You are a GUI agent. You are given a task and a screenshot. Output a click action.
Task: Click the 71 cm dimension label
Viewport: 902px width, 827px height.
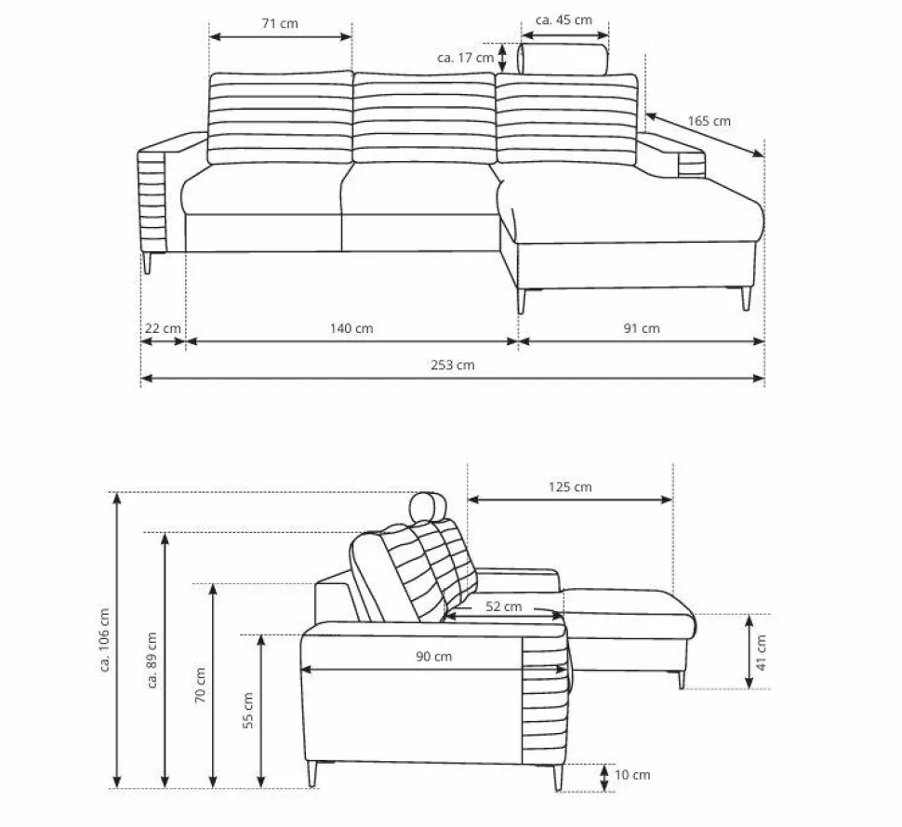pyautogui.click(x=280, y=23)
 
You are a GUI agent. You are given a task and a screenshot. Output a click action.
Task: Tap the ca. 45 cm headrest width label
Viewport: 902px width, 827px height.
pyautogui.click(x=564, y=20)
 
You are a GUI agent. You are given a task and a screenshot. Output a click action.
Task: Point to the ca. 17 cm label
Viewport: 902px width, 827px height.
pyautogui.click(x=465, y=58)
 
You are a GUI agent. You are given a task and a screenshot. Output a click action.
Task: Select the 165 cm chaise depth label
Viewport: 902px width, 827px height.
pyautogui.click(x=710, y=122)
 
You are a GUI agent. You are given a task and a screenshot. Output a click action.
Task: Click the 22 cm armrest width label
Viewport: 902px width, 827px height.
pyautogui.click(x=163, y=328)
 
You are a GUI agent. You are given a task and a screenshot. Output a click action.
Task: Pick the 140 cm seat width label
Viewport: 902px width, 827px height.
pyautogui.click(x=352, y=328)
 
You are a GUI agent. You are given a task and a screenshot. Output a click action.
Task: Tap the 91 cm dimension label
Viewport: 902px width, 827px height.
pyautogui.click(x=642, y=328)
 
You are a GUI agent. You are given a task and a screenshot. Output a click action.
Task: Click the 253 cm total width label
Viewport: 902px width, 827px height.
pyautogui.click(x=453, y=365)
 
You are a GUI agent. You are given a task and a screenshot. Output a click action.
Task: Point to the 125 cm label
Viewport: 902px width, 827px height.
pyautogui.click(x=570, y=487)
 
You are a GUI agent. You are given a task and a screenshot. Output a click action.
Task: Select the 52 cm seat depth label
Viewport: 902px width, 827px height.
pyautogui.click(x=504, y=607)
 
